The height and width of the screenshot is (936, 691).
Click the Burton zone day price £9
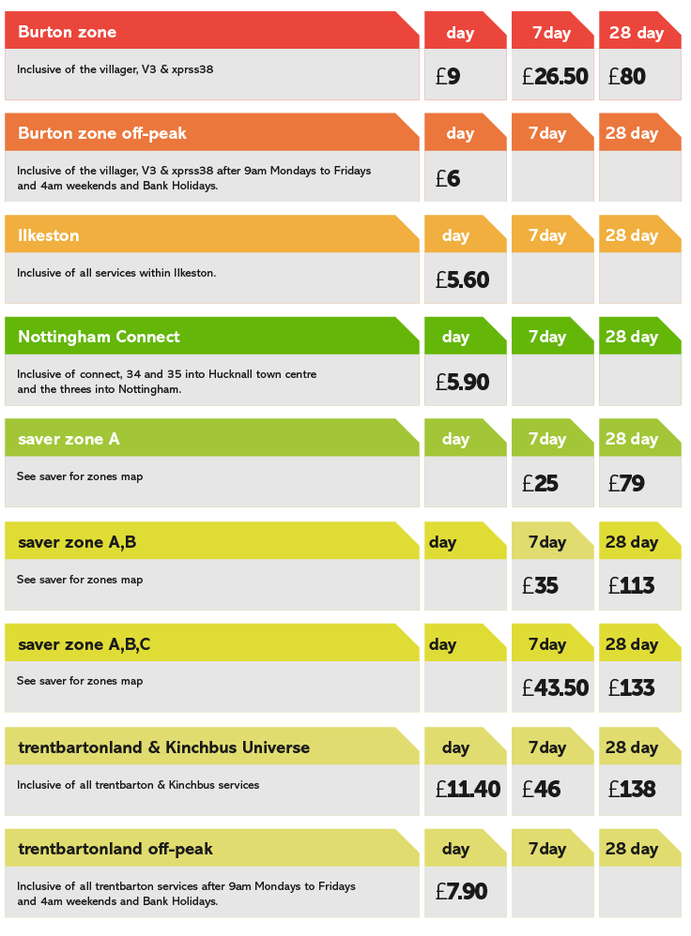coord(448,77)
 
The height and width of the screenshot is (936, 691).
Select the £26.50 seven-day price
coord(555,77)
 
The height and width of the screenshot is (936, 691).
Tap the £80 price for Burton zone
coord(627,77)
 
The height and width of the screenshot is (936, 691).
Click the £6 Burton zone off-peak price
coord(448,178)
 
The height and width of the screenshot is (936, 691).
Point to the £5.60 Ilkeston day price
coord(462,280)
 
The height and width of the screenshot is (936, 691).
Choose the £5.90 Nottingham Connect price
coord(462,383)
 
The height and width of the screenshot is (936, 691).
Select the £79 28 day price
coord(626,484)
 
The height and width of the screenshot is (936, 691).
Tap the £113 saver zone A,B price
coord(631,586)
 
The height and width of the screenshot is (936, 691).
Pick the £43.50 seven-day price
coord(555,688)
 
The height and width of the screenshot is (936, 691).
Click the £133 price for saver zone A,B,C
coord(631,688)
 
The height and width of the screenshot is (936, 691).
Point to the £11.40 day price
coord(468,790)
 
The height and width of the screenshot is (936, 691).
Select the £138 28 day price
coord(631,790)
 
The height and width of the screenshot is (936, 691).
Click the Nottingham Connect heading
coord(99,337)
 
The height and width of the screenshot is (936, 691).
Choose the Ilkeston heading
coord(49,235)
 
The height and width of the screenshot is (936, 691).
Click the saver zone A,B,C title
coord(84,644)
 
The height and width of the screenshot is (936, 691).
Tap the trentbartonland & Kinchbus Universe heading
coord(163,747)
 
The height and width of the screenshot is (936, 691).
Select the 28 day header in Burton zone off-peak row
coord(632,133)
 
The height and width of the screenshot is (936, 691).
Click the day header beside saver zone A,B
coord(443,542)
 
